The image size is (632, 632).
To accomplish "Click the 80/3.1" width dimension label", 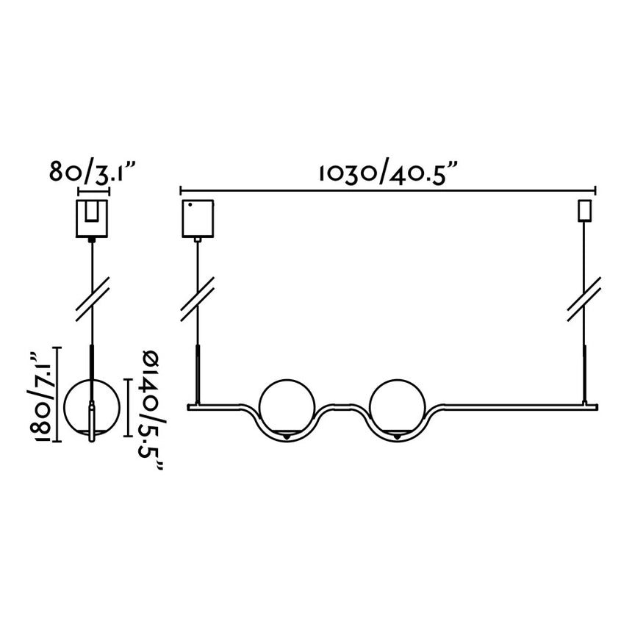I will click(x=94, y=173).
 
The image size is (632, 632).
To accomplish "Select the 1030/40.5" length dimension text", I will click(x=388, y=173).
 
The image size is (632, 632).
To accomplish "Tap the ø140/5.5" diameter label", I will click(x=150, y=412).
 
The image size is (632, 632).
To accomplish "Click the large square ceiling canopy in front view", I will click(x=197, y=218).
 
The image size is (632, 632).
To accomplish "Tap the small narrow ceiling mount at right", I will click(x=585, y=210).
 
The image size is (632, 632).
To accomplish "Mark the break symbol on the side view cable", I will click(x=93, y=297).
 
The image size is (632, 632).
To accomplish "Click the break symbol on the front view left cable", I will click(x=197, y=297).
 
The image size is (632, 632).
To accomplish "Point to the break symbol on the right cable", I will click(x=585, y=297).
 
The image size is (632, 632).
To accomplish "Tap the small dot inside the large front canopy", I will click(x=190, y=204).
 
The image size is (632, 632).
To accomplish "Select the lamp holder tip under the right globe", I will click(x=397, y=438).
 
